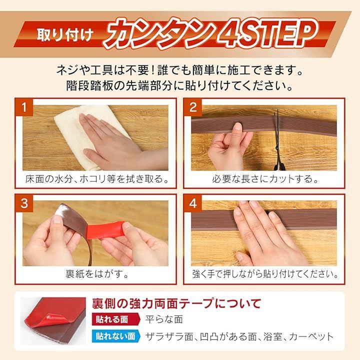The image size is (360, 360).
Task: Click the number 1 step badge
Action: pos(24,107)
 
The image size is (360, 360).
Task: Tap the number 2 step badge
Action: pos(193,107)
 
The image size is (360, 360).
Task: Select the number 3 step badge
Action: pos(24,203)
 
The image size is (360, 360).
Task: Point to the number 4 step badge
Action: pos(193,203)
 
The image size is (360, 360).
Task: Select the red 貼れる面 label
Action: pos(115,319)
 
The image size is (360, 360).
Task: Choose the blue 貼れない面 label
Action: pos(116,336)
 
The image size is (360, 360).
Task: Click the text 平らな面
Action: pos(164,319)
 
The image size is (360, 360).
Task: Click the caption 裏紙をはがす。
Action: pos(96,274)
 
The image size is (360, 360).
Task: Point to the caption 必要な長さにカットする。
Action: pos(265,179)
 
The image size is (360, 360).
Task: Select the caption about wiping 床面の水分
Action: pos(97,179)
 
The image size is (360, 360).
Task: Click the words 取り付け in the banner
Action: pos(65,35)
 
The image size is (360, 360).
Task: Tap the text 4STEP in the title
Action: pos(267,33)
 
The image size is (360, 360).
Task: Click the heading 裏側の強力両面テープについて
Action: pos(176,303)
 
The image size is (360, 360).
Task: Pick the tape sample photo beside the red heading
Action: pos(53,321)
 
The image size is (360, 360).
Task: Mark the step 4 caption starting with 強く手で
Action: pos(265,274)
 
